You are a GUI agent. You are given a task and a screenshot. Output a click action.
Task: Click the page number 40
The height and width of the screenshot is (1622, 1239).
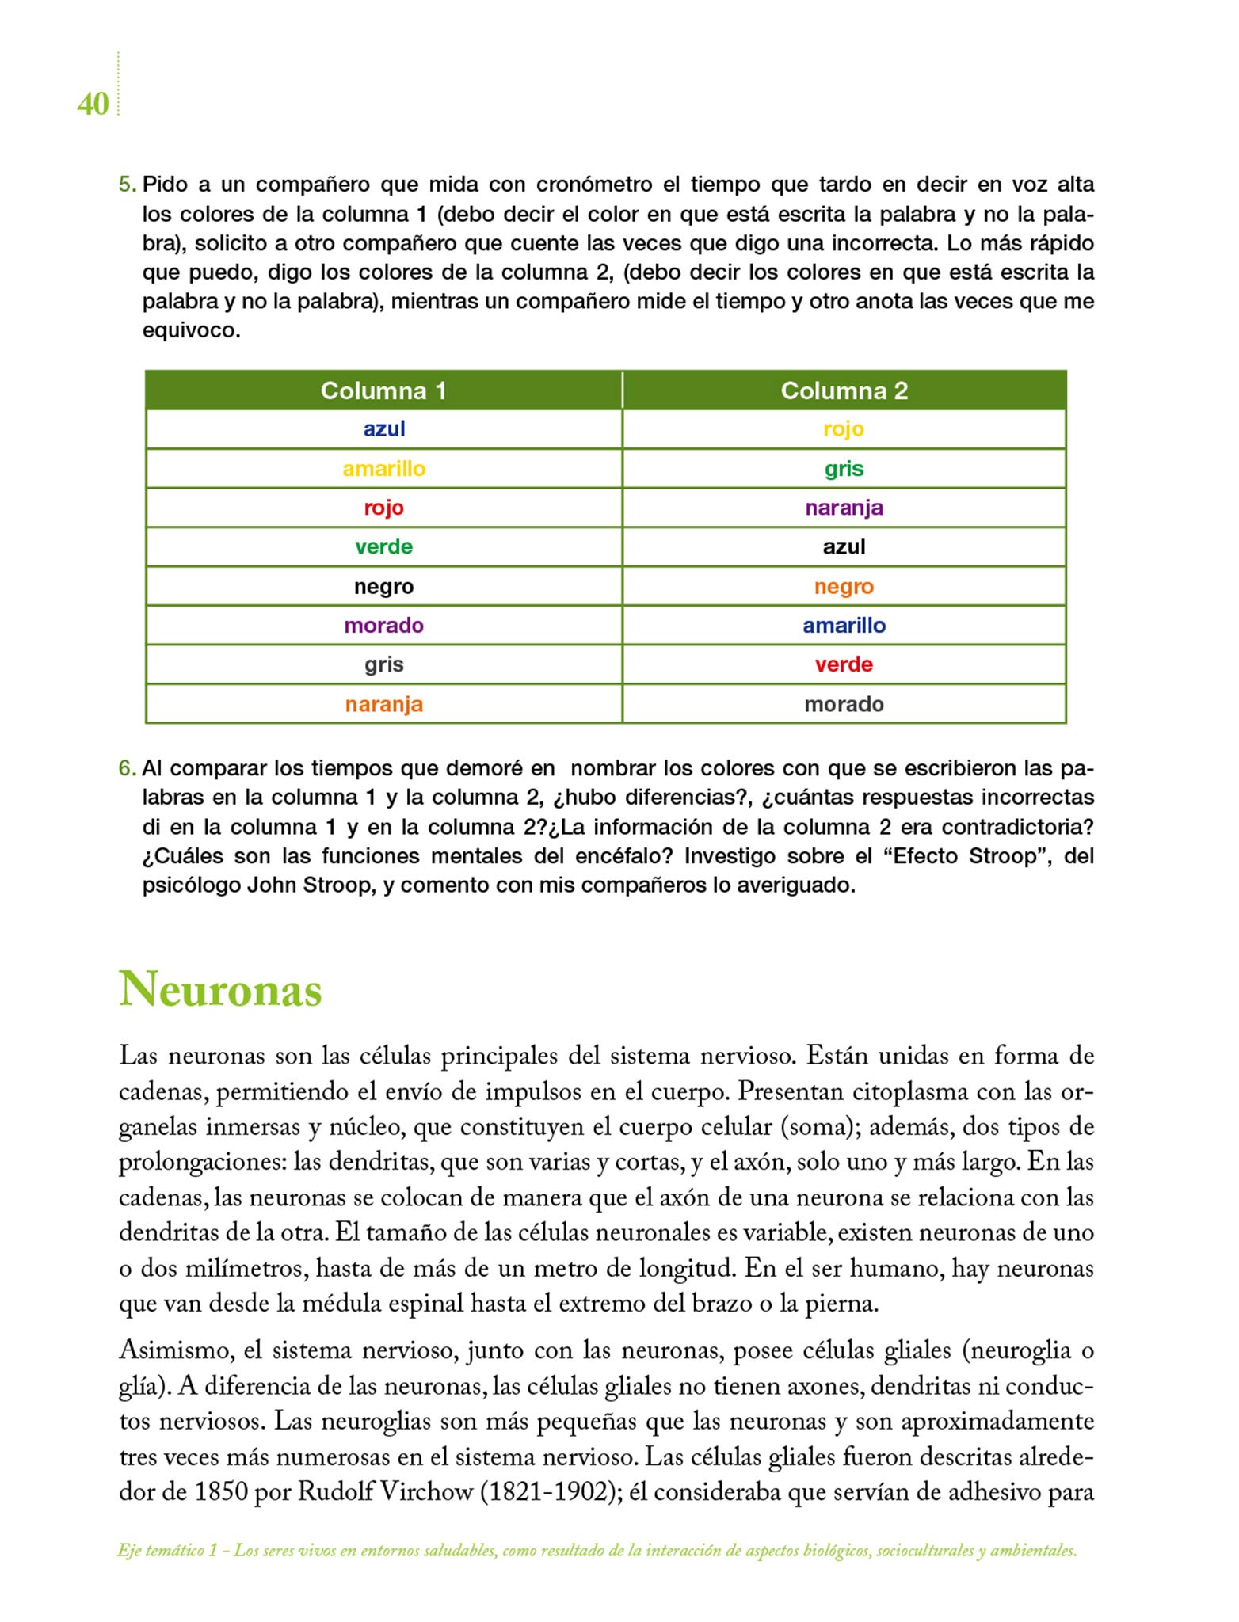(93, 104)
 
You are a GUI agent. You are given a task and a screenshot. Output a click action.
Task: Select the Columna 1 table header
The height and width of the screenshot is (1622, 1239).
(383, 390)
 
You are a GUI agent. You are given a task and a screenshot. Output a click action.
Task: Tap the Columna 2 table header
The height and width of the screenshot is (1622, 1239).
(844, 390)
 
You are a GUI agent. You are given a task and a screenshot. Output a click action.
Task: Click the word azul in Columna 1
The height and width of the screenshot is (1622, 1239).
(384, 429)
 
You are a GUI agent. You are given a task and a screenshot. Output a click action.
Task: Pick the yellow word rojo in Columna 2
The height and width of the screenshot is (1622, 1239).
(844, 429)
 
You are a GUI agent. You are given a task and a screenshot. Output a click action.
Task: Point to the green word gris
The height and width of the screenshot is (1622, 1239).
(844, 469)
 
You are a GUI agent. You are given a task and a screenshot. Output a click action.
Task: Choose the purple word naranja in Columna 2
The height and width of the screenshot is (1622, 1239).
(844, 508)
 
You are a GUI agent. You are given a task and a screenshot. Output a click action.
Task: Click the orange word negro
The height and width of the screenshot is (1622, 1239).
(844, 587)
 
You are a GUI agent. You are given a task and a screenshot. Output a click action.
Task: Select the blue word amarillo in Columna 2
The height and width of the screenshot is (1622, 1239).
(844, 626)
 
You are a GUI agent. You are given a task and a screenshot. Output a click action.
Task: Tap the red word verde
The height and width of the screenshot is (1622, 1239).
(844, 664)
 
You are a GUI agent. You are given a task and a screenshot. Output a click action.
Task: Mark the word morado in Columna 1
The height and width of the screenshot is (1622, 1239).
(384, 626)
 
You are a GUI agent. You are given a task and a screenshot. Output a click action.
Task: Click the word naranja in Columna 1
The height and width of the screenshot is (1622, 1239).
(384, 704)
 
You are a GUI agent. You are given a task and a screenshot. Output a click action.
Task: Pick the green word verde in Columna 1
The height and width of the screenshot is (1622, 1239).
(384, 546)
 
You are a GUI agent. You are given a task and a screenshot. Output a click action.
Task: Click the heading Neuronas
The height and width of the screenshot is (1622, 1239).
(220, 990)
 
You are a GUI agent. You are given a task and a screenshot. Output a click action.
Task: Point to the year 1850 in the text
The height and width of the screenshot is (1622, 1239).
(222, 1492)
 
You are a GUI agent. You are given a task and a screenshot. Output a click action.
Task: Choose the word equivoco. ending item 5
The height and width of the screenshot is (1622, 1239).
(191, 330)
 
